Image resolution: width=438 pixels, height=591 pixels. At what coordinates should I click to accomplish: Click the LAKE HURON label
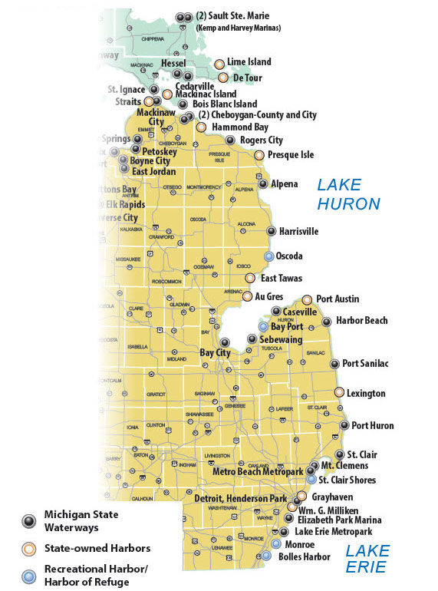pos(349,194)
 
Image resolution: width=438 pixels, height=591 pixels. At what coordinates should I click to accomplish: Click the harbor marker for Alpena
pos(263,184)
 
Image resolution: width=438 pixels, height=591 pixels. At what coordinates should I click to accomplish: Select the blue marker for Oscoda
pos(268,256)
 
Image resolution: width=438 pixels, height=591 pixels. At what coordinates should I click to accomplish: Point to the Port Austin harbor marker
pos(307,299)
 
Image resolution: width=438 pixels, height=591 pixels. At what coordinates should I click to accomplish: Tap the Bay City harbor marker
pos(225,342)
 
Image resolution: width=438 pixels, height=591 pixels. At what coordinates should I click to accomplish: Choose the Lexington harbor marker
pos(338,392)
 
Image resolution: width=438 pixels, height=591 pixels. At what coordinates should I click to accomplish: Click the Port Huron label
pos(372,426)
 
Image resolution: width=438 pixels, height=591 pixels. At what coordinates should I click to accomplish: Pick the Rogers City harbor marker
pos(230,140)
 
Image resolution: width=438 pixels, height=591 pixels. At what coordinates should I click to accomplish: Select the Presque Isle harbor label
pos(290,155)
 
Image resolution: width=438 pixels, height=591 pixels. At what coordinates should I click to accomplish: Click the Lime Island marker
pos(219,64)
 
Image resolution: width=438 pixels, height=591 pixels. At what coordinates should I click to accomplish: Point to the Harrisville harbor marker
pos(271,231)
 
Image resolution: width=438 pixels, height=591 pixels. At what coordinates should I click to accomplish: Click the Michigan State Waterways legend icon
pos(29,520)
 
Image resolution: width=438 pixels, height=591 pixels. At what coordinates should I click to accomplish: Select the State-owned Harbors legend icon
pos(29,549)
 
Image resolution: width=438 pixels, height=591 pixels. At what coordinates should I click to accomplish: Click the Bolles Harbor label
pos(305,556)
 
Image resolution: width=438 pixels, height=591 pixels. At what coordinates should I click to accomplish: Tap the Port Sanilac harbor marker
pos(334,364)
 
